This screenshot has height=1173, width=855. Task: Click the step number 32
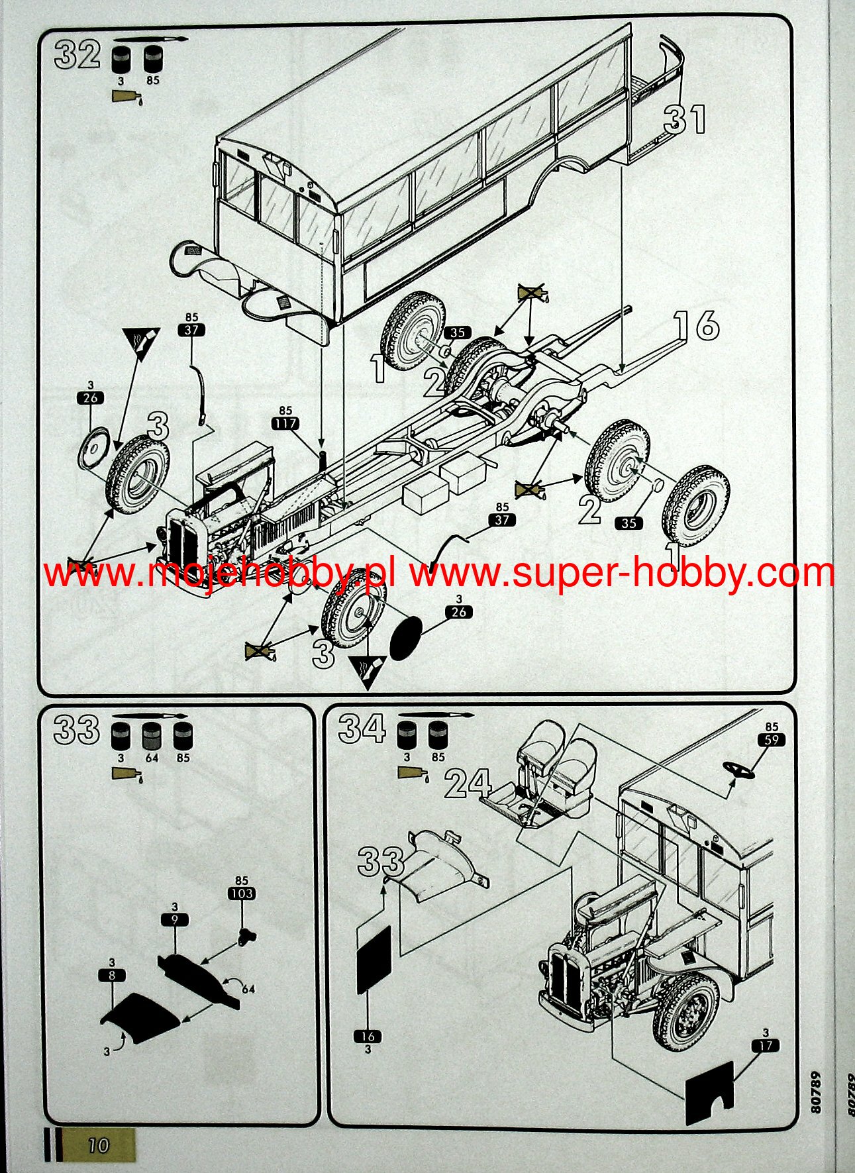click(77, 54)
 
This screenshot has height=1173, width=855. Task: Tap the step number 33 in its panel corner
click(76, 730)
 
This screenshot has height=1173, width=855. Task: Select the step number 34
click(362, 729)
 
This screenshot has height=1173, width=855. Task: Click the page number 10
click(99, 1145)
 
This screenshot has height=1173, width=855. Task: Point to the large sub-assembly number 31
click(685, 121)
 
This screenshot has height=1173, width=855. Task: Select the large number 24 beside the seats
click(467, 784)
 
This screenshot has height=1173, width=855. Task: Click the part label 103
click(241, 893)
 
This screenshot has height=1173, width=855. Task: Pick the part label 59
click(771, 740)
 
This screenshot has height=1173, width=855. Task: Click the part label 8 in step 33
click(111, 974)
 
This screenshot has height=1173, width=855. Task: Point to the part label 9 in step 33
click(174, 919)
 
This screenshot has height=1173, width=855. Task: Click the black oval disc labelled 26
click(406, 638)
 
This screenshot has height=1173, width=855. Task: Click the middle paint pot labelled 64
click(152, 735)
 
